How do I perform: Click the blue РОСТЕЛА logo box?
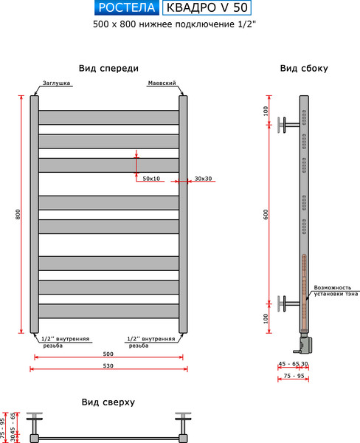pyautogui.click(x=126, y=8)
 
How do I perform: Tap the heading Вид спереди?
pyautogui.click(x=108, y=68)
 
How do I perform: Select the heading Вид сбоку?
pyautogui.click(x=304, y=68)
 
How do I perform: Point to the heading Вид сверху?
pyautogui.click(x=108, y=402)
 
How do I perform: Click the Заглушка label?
pyautogui.click(x=56, y=83)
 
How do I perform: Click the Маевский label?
pyautogui.click(x=162, y=83)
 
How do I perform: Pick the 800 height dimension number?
pyautogui.click(x=18, y=213)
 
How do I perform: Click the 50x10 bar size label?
pyautogui.click(x=152, y=179)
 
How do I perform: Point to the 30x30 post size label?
pyautogui.click(x=204, y=179)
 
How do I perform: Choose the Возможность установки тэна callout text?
pyautogui.click(x=336, y=290)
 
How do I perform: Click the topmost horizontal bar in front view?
pyautogui.click(x=108, y=117)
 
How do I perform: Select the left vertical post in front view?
pyautogui.click(x=34, y=213)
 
